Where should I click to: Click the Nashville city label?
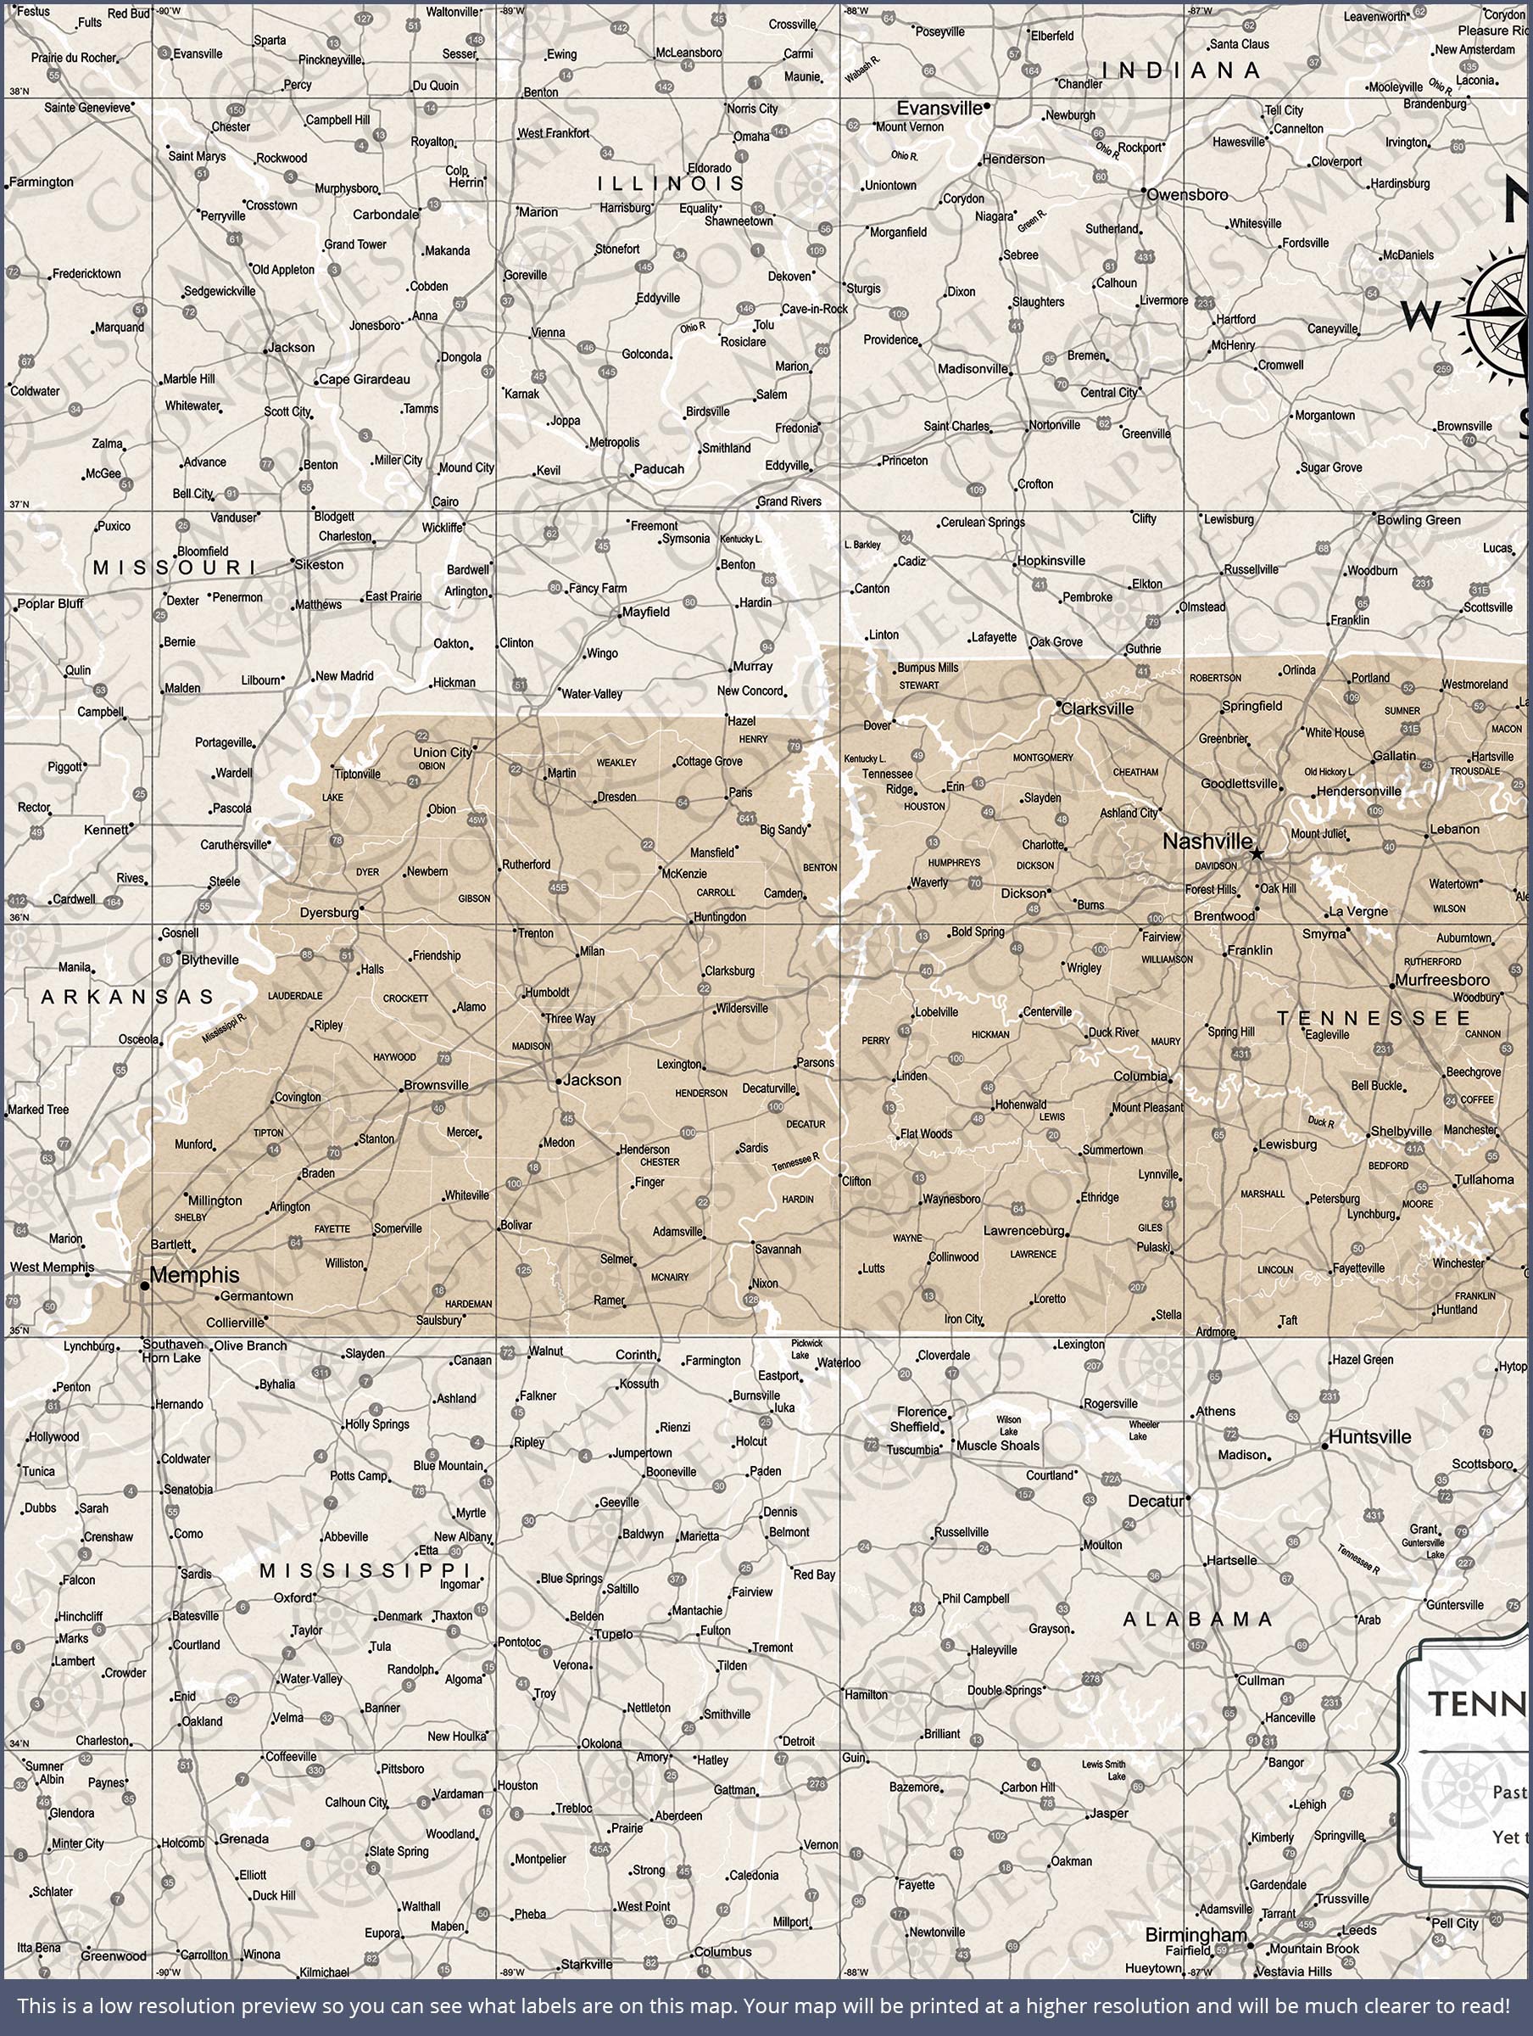pyautogui.click(x=1207, y=842)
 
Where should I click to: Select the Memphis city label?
pyautogui.click(x=194, y=1275)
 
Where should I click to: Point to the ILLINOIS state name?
pyautogui.click(x=671, y=184)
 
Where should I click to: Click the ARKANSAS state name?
pyautogui.click(x=127, y=997)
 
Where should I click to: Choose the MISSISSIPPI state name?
pyautogui.click(x=365, y=1570)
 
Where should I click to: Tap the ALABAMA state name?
pyautogui.click(x=1197, y=1619)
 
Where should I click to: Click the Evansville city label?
pyautogui.click(x=939, y=109)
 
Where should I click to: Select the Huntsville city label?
pyautogui.click(x=1369, y=1437)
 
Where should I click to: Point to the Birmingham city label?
pyautogui.click(x=1196, y=1935)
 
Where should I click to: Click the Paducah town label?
pyautogui.click(x=659, y=468)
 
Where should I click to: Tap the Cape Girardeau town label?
pyautogui.click(x=365, y=379)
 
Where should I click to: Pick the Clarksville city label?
pyautogui.click(x=1097, y=708)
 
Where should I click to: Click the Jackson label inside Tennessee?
pyautogui.click(x=592, y=1080)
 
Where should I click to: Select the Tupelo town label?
pyautogui.click(x=613, y=1635)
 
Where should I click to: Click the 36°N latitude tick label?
pyautogui.click(x=19, y=917)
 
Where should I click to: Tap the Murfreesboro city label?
pyautogui.click(x=1442, y=981)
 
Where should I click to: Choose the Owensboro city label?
pyautogui.click(x=1187, y=195)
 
